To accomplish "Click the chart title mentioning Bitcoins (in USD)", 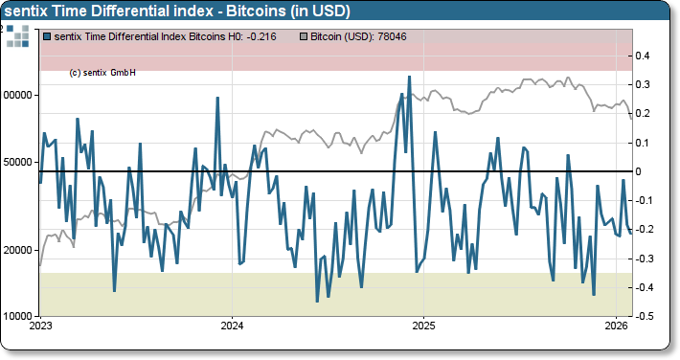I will pos(178,11).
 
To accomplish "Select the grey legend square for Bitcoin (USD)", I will pos(304,36).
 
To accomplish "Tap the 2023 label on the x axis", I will pos(41,326).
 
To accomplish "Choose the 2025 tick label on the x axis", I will pos(424,326).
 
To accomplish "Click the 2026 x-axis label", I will pos(615,326).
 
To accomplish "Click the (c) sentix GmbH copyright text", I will pos(102,72).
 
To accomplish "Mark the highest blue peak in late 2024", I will pos(409,77).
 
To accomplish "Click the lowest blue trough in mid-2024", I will pos(317,301).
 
